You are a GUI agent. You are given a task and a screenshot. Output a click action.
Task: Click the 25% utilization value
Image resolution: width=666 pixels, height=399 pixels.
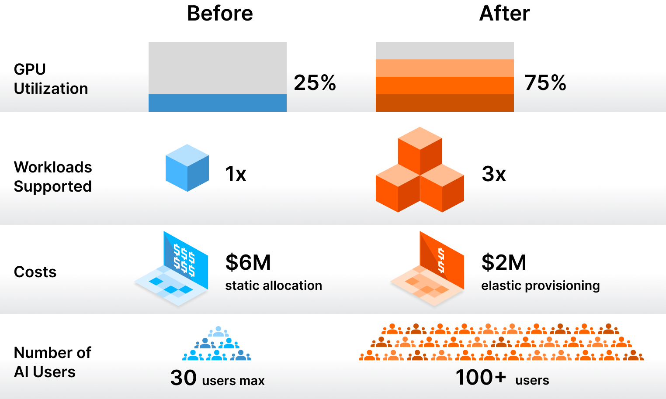pos(315,83)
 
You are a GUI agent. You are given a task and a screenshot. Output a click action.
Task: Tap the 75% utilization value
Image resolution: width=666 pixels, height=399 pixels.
pos(545,83)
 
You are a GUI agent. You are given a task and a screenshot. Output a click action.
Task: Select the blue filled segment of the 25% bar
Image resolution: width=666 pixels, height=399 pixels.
pos(217,103)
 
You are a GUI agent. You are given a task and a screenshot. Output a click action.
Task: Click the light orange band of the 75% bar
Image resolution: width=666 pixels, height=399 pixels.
pos(444,68)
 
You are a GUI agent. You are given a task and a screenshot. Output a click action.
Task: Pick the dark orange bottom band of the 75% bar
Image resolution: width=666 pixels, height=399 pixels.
pos(444,103)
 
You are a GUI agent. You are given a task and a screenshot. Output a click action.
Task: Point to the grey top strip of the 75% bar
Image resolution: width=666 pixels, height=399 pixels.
pos(444,51)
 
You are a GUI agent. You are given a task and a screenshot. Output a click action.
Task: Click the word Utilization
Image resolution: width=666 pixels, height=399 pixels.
pos(51,89)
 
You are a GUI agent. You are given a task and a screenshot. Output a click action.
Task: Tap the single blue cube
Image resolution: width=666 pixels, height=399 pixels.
pos(187,168)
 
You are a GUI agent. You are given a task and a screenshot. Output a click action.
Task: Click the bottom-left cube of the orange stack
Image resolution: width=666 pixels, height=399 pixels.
pos(398,189)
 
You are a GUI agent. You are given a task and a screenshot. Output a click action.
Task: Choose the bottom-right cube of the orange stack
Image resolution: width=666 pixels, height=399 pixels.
pos(442,189)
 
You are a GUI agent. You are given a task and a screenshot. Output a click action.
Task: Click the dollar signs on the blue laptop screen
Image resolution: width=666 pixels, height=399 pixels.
pos(184,260)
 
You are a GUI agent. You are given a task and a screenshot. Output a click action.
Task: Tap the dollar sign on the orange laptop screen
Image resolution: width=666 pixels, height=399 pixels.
pos(441,260)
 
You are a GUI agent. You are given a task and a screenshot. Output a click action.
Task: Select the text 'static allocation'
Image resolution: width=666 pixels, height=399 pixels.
pos(273,285)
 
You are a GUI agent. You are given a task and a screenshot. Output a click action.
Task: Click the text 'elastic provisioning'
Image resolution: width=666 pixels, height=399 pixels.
pos(540,285)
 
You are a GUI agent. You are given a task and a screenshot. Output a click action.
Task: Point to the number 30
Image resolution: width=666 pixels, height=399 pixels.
pos(184,378)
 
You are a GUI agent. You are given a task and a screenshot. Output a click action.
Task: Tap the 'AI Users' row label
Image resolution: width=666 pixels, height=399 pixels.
pos(45,372)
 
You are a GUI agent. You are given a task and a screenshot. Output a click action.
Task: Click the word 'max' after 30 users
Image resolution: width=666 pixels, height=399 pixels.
pos(252,381)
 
